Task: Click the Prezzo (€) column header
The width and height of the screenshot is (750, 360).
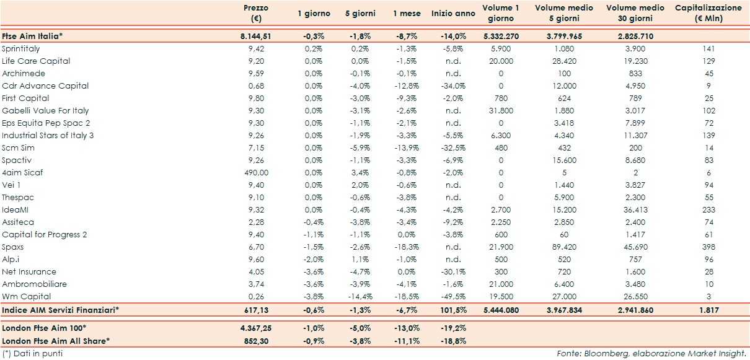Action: pyautogui.click(x=255, y=13)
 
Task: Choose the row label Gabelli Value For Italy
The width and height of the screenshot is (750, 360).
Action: pyautogui.click(x=45, y=110)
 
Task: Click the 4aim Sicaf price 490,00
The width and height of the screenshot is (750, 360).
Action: pyautogui.click(x=255, y=172)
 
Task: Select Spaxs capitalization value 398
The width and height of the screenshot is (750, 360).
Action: pyautogui.click(x=708, y=247)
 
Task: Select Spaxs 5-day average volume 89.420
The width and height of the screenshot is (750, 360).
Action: pyautogui.click(x=563, y=247)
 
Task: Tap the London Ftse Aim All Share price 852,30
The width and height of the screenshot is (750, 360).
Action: pyautogui.click(x=255, y=340)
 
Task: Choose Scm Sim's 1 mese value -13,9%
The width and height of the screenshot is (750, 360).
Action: pyautogui.click(x=407, y=147)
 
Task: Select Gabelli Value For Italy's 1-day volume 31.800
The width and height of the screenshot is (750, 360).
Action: pyautogui.click(x=501, y=110)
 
